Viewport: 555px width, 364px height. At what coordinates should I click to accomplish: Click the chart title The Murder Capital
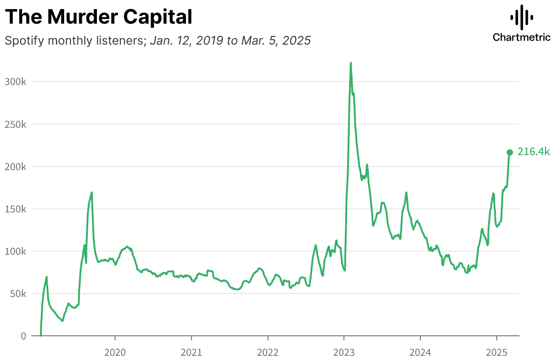[99, 17]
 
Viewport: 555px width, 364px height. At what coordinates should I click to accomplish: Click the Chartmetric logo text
[521, 37]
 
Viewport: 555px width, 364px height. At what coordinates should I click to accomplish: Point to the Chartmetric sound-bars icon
[521, 17]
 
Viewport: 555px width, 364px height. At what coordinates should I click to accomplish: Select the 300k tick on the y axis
[16, 82]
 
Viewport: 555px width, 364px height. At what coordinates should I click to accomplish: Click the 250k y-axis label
[16, 124]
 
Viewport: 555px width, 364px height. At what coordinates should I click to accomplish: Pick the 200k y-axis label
[16, 167]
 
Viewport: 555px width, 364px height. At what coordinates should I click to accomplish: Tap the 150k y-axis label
[16, 209]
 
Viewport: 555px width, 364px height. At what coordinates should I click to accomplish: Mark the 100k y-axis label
[16, 251]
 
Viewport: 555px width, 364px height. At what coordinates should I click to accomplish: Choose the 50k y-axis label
[19, 293]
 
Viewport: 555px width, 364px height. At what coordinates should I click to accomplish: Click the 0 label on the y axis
[23, 336]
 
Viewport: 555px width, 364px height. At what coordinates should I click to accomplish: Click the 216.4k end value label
[534, 152]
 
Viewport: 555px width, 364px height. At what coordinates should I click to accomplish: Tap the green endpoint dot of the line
[510, 152]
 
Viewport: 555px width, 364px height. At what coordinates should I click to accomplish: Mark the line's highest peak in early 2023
[351, 63]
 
